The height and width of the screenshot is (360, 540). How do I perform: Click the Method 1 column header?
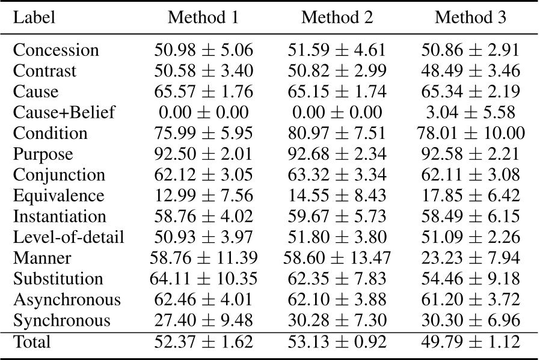coord(203,17)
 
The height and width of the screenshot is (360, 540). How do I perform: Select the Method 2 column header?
coord(337,17)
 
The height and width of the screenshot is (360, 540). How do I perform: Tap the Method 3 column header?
coord(470,17)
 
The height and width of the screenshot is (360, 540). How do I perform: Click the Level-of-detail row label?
coord(68,237)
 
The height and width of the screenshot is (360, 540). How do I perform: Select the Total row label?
coord(32,343)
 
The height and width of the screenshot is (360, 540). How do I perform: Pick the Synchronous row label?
coord(61,320)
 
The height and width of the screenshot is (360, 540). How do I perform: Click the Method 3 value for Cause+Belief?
coord(470,112)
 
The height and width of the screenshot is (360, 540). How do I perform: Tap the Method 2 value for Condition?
coord(337,133)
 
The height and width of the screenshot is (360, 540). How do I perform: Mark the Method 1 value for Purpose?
coord(203,154)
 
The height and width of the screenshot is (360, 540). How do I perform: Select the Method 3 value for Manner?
coord(470,258)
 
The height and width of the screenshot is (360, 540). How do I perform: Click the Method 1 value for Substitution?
coord(203,279)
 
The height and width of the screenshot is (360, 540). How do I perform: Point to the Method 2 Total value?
coord(337,343)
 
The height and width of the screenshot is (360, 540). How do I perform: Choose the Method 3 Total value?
coord(470,343)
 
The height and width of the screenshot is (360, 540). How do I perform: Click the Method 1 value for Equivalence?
coord(203,195)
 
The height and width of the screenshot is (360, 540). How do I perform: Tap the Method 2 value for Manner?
coord(337,258)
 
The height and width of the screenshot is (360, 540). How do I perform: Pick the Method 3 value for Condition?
coord(470,133)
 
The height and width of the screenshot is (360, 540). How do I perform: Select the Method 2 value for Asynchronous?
coord(337,299)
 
